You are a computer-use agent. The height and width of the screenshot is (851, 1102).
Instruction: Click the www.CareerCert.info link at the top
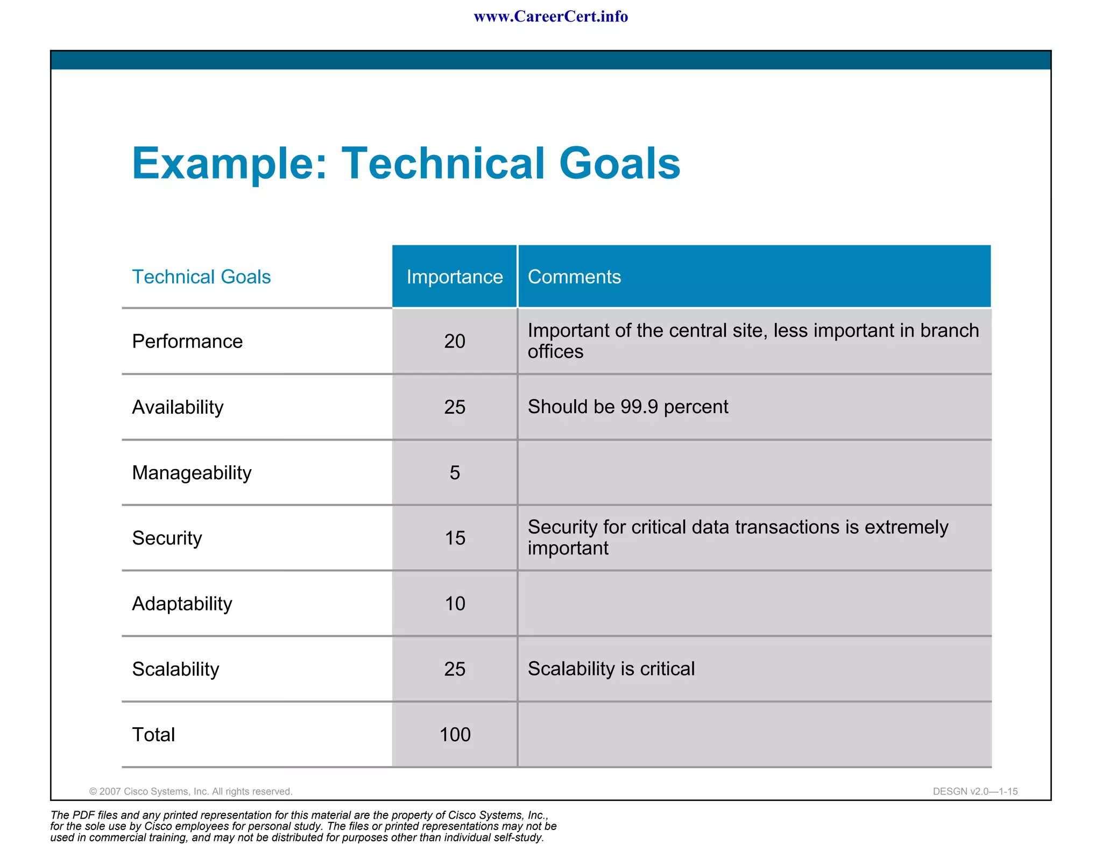coord(550,17)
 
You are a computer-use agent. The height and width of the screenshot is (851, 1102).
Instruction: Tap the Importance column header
coord(454,276)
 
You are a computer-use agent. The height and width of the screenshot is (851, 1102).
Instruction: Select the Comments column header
coord(574,276)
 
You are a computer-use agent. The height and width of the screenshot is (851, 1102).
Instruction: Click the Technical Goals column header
coord(201,276)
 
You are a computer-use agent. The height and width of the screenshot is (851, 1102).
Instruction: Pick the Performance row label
coord(187,341)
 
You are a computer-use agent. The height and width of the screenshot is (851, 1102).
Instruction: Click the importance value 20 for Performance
coord(455,341)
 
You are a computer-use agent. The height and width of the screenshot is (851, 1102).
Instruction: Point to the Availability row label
coord(178,407)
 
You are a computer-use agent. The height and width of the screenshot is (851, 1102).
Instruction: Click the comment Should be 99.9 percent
coord(627,407)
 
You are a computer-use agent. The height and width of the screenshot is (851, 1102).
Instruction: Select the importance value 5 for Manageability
coord(455,472)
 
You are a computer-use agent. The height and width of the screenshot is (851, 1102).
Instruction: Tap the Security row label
coord(167,538)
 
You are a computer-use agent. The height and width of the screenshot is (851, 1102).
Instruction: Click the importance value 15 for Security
coord(455,538)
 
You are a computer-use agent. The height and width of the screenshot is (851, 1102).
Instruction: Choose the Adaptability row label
coord(182,604)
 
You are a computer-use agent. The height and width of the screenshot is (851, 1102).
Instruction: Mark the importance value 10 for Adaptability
coord(455,604)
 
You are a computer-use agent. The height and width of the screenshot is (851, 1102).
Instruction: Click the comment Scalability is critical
coord(611,669)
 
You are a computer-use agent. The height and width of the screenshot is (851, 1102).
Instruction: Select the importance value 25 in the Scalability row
coord(455,669)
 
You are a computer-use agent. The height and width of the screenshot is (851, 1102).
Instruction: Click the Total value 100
coord(455,734)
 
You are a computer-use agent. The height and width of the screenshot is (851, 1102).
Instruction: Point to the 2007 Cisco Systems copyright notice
coord(190,791)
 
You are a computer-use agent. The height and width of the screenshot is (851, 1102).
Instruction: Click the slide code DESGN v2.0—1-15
coord(975,791)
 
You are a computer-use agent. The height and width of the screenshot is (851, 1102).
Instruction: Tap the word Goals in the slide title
coord(619,164)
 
